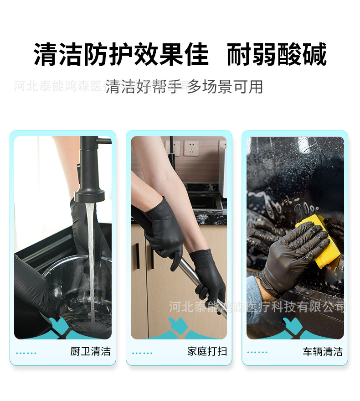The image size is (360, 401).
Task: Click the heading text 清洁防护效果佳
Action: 121,55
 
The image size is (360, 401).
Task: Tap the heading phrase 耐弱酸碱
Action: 277,55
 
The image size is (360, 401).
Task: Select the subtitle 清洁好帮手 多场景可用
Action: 184,86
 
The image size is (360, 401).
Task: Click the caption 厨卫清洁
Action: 90,351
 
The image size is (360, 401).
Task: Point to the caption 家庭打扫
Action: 207,351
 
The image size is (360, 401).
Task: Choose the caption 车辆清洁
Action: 323,352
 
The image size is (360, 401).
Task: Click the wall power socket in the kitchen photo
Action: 191,148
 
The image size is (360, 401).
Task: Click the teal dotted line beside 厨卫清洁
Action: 26,353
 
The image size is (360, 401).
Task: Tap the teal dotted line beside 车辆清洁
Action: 257,352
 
